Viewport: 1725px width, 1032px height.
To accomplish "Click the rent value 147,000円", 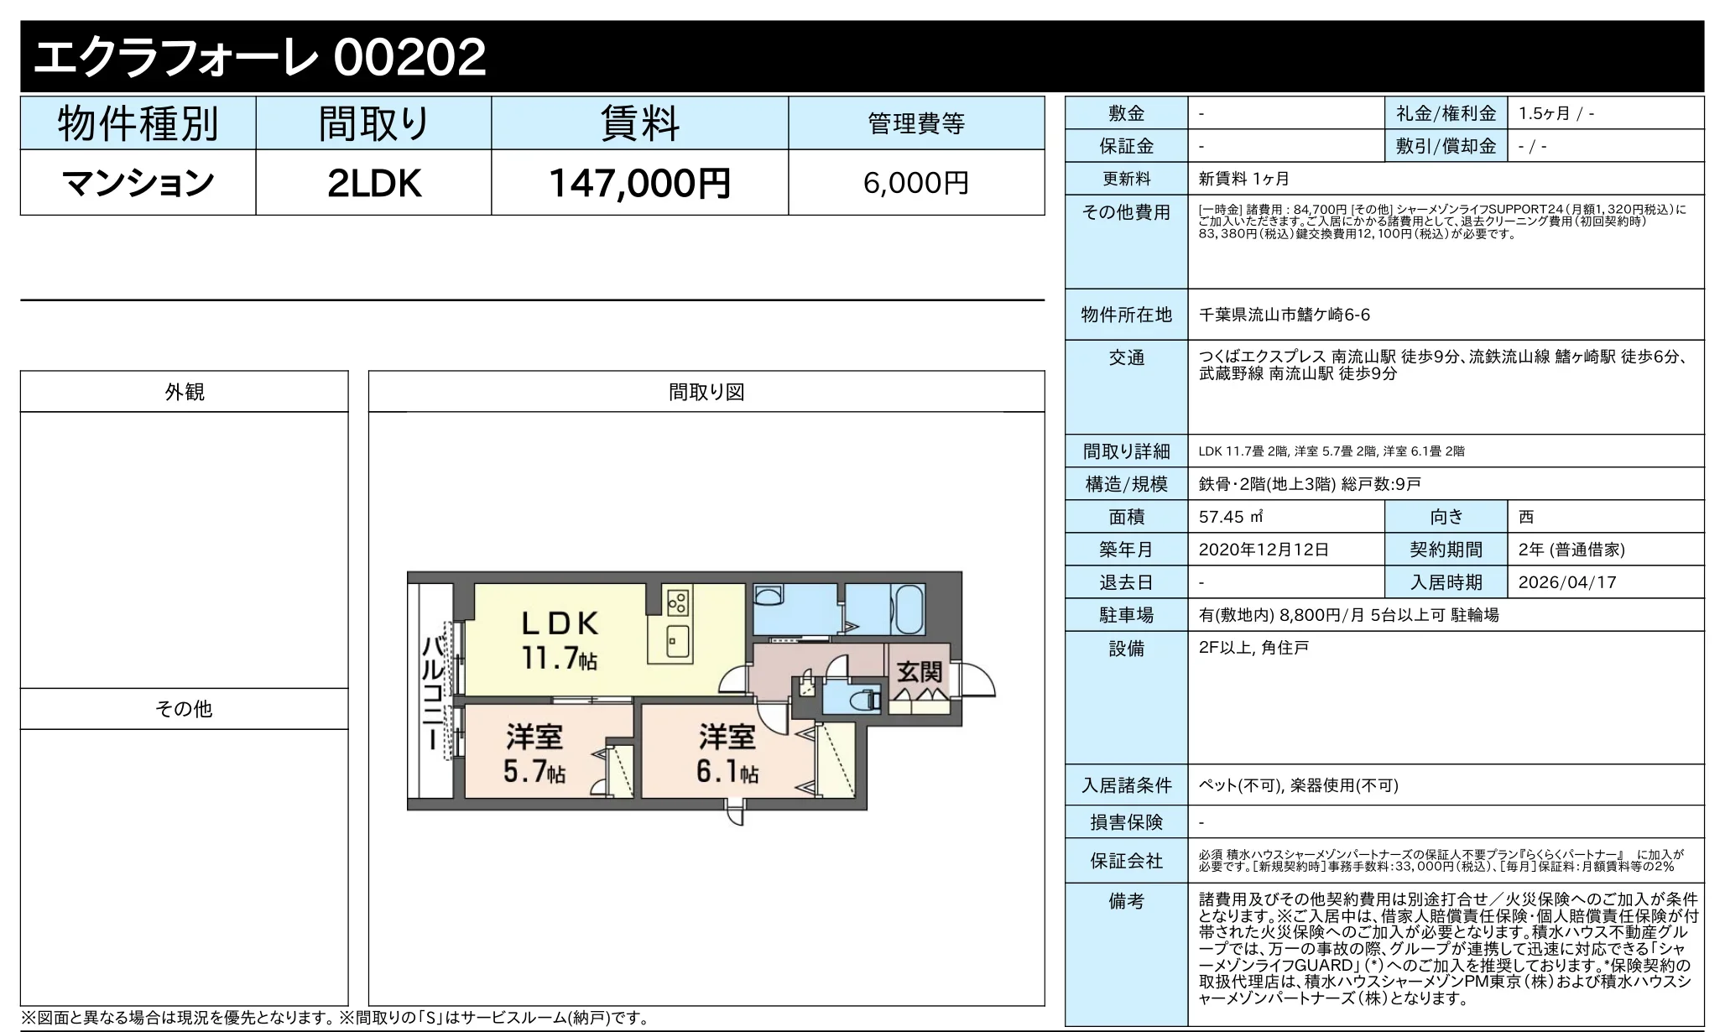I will click(639, 183).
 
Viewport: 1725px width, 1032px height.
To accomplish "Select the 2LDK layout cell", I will click(373, 183).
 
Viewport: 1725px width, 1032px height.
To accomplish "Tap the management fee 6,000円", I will click(915, 183).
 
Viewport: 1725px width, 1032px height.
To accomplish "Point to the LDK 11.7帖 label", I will click(560, 640).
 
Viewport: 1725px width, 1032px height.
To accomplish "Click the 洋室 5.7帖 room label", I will click(534, 753).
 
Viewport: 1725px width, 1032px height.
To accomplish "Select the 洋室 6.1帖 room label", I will click(727, 753).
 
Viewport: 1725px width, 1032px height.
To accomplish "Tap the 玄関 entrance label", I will click(919, 672).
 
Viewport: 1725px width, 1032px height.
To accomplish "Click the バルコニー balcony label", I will click(433, 693).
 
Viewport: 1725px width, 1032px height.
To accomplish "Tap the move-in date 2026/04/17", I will click(1566, 582).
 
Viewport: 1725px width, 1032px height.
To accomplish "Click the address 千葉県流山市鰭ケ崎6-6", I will click(1284, 315).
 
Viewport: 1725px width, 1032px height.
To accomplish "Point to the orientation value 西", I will click(1526, 517).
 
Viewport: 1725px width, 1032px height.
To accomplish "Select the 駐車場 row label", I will click(1126, 615).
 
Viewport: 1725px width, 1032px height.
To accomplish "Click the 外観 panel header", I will click(184, 392).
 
